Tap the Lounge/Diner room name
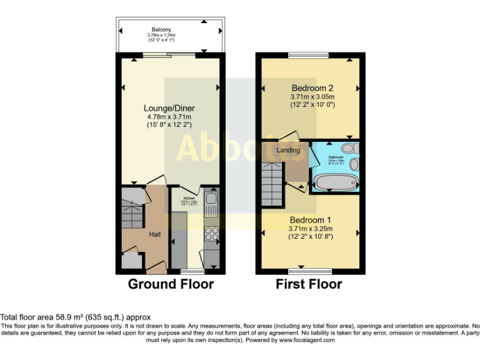coord(168,107)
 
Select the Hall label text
coord(156,234)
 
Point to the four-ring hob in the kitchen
coord(211,234)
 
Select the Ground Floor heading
coord(171,284)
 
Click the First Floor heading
coord(309,284)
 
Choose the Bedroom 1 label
coord(310,220)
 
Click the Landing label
coord(288,151)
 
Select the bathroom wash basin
coord(354,164)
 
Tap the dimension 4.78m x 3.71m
coord(168,117)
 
